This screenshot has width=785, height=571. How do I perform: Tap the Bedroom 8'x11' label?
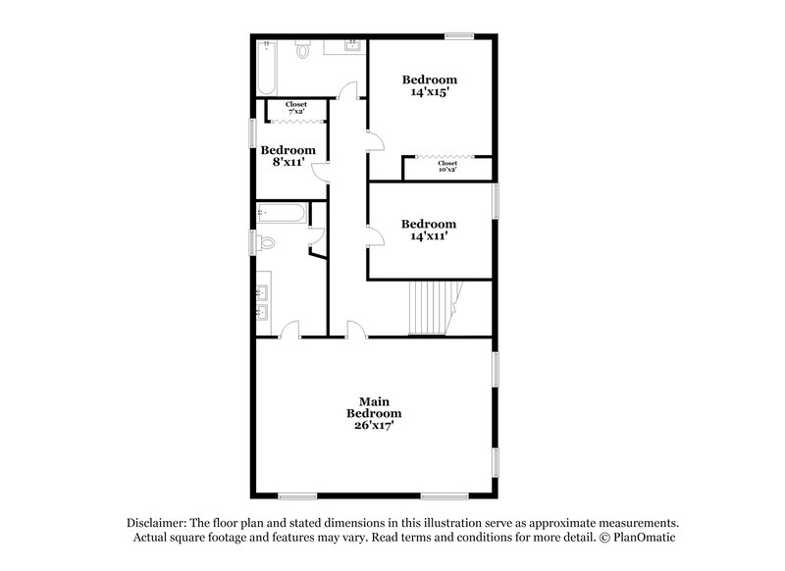pyautogui.click(x=288, y=157)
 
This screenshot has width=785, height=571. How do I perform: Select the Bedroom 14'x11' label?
pyautogui.click(x=429, y=230)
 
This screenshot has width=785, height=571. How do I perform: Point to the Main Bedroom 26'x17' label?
pyautogui.click(x=372, y=413)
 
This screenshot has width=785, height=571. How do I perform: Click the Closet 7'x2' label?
pyautogui.click(x=296, y=108)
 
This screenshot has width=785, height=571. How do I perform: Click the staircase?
pyautogui.click(x=433, y=305)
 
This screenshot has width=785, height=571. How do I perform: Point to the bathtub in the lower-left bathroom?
pyautogui.click(x=282, y=213)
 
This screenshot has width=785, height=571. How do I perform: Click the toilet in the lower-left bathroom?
pyautogui.click(x=266, y=243)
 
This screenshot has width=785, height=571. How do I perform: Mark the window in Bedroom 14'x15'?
pyautogui.click(x=459, y=37)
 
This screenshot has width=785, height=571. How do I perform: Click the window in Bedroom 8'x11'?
pyautogui.click(x=253, y=131)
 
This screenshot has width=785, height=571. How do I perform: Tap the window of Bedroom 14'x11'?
pyautogui.click(x=496, y=200)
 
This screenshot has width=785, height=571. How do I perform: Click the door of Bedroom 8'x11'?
pyautogui.click(x=321, y=173)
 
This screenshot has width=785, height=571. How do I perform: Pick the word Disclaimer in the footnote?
pyautogui.click(x=158, y=523)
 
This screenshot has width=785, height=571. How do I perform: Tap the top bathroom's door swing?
pyautogui.click(x=347, y=91)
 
